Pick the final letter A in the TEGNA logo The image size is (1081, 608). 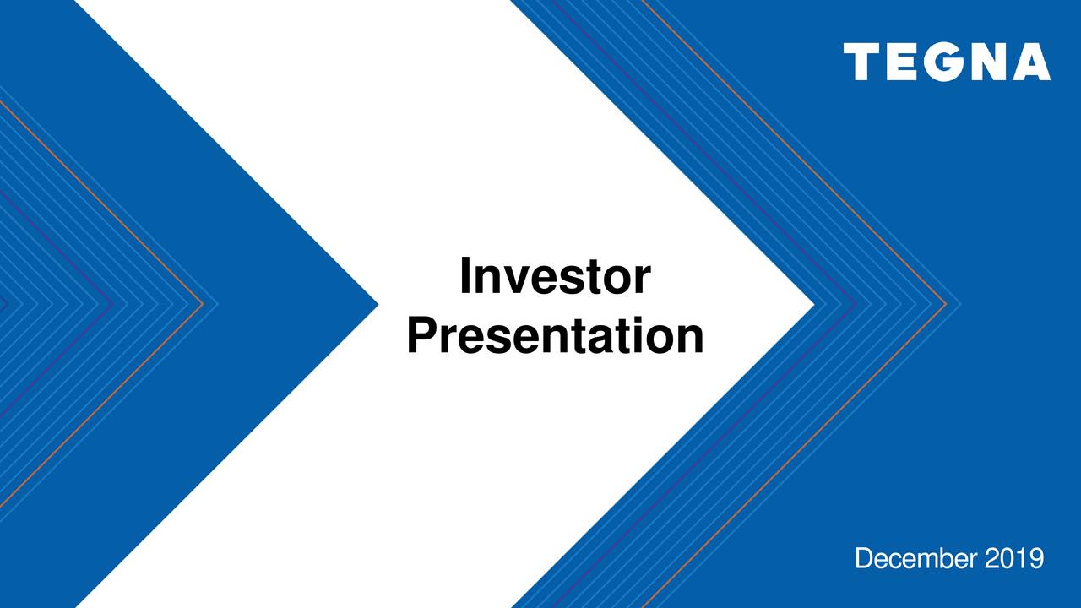tap(1029, 63)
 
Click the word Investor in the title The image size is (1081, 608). tap(555, 277)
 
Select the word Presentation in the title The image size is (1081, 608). tap(555, 336)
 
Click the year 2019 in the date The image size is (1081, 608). tap(1013, 558)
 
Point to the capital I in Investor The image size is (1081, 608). tap(465, 277)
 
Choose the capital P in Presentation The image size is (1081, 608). tap(419, 335)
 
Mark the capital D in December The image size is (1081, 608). tap(864, 558)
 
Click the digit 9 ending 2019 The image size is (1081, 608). tap(1036, 558)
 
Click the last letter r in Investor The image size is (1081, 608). tap(644, 281)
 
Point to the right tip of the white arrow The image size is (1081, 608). tap(812, 304)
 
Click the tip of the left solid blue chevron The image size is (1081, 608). tap(377, 304)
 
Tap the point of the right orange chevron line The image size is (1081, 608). tap(946, 304)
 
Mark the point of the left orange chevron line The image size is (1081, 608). tap(203, 304)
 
